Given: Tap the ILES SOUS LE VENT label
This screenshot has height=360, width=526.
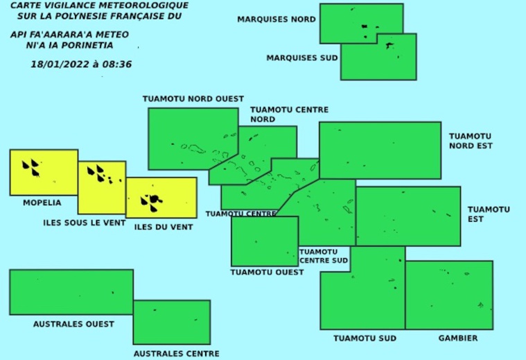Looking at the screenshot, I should coord(84,223).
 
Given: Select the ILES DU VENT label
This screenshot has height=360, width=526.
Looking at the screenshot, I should coord(164,227).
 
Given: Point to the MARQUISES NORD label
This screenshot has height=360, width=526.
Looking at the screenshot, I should coord(277,19).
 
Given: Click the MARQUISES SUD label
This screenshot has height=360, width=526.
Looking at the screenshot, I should coord(302,58).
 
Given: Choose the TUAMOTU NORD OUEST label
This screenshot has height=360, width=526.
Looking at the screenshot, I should coord(193,98).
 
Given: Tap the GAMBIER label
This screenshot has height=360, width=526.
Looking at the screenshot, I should coord(457,338).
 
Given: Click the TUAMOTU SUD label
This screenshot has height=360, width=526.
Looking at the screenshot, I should coord(365,338).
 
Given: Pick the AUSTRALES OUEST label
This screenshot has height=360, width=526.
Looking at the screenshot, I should coord(73,324).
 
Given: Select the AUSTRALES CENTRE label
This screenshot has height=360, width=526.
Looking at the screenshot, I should coord(176,353).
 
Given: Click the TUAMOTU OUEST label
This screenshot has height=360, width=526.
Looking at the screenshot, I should coord(267,273).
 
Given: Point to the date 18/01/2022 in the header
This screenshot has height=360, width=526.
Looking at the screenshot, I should coord(57,65).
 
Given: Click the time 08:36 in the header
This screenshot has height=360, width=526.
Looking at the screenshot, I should coord(118,65).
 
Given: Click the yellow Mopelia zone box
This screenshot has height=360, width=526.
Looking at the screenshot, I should coord(44,173).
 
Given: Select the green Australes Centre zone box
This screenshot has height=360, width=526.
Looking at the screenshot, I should coord(171,322).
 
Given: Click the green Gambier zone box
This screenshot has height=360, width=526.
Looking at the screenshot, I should coord(448,295).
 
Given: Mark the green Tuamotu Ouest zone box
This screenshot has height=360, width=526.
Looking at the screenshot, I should coord(264,241).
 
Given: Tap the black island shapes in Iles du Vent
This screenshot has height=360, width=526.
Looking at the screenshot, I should coord(152,202).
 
